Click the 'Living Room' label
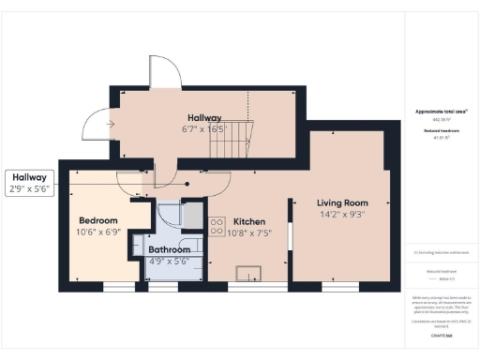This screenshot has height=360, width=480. click(x=341, y=202)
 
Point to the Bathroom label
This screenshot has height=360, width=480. click(x=169, y=250)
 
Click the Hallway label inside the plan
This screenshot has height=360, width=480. click(x=203, y=117)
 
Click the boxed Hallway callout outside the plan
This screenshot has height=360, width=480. click(x=29, y=176)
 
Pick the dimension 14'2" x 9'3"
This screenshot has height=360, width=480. click(x=341, y=214)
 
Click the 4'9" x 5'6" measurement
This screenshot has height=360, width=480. click(x=169, y=262)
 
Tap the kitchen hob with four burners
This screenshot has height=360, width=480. click(x=217, y=225)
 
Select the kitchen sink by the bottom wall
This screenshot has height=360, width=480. click(x=249, y=273)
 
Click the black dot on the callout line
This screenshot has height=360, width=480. click(x=187, y=184)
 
